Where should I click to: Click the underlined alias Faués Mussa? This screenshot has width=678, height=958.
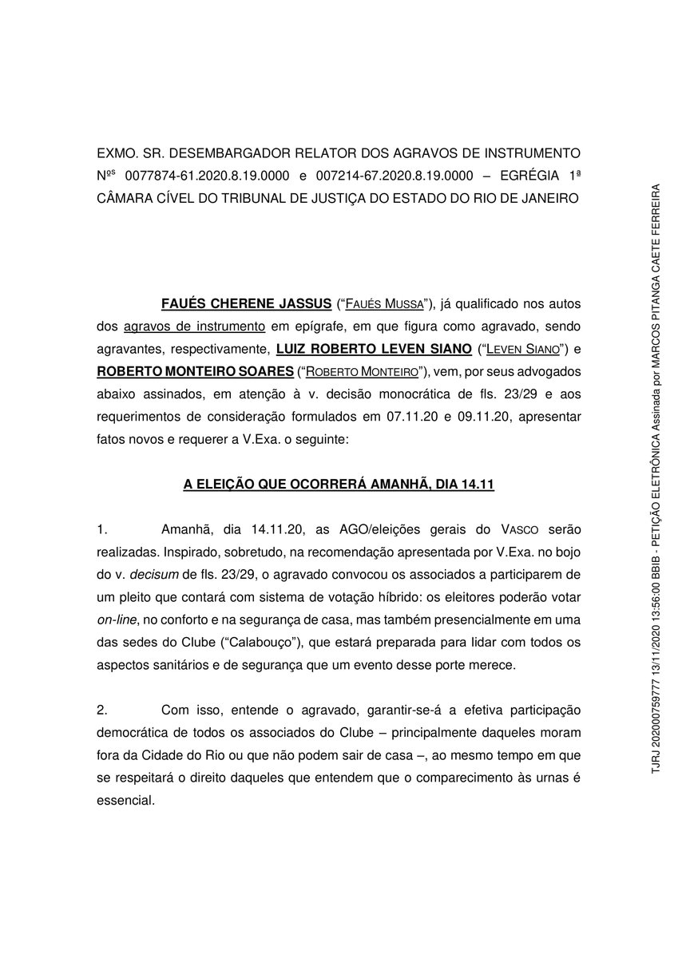(386, 304)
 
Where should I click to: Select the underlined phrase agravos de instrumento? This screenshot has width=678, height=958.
(195, 327)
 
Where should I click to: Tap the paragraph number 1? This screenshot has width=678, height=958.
(101, 530)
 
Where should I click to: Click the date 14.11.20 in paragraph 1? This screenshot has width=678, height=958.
(276, 530)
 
